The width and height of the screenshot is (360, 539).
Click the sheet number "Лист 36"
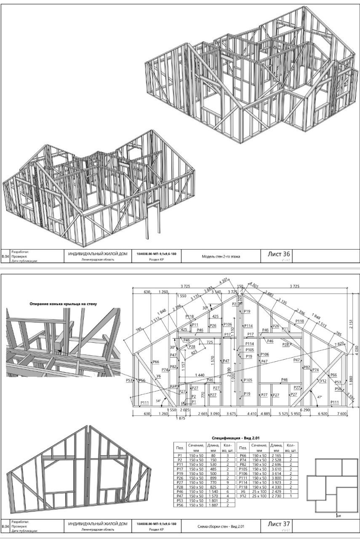pyautogui.click(x=279, y=254)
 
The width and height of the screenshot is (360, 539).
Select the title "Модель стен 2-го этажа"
pyautogui.click(x=221, y=256)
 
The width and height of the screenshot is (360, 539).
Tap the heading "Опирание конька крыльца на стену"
pyautogui.click(x=63, y=304)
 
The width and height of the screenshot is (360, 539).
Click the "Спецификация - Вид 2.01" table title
pyautogui.click(x=236, y=438)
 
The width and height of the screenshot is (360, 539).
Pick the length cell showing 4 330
pyautogui.click(x=277, y=486)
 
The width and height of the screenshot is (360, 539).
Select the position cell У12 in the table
pyautogui.click(x=243, y=496)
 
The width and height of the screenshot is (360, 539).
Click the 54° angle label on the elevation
pyautogui.click(x=158, y=401)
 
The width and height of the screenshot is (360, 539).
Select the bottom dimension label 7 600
pyautogui.click(x=341, y=414)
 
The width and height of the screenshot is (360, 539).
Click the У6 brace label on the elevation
pyautogui.click(x=159, y=376)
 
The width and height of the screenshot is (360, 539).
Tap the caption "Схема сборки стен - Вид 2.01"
pyautogui.click(x=221, y=526)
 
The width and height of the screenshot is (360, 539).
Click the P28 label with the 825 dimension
pyautogui.click(x=192, y=346)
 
